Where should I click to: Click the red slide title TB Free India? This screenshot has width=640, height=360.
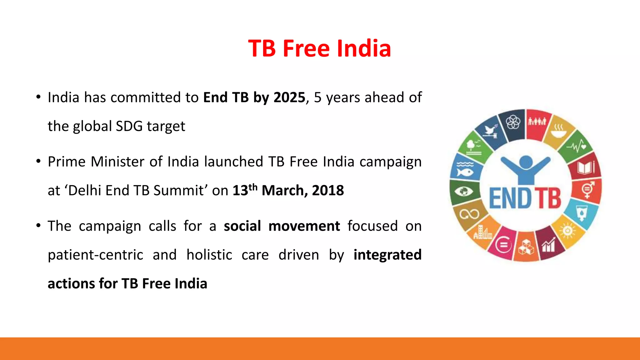coord(319,48)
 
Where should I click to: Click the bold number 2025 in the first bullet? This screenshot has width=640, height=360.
coord(289,97)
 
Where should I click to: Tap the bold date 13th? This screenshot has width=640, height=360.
coord(245,190)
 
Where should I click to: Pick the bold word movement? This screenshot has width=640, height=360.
coord(304,226)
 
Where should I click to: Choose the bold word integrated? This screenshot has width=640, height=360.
coord(387,255)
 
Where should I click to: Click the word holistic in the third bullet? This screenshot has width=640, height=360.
coord(209,255)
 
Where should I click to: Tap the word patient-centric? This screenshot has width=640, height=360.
coord(95,255)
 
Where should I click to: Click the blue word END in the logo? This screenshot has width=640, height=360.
coord(510,198)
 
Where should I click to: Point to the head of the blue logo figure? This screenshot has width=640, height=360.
coord(526,162)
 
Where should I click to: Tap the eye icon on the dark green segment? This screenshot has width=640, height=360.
coord(464,191)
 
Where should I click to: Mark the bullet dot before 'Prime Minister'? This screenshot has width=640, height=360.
coord(38,162)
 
